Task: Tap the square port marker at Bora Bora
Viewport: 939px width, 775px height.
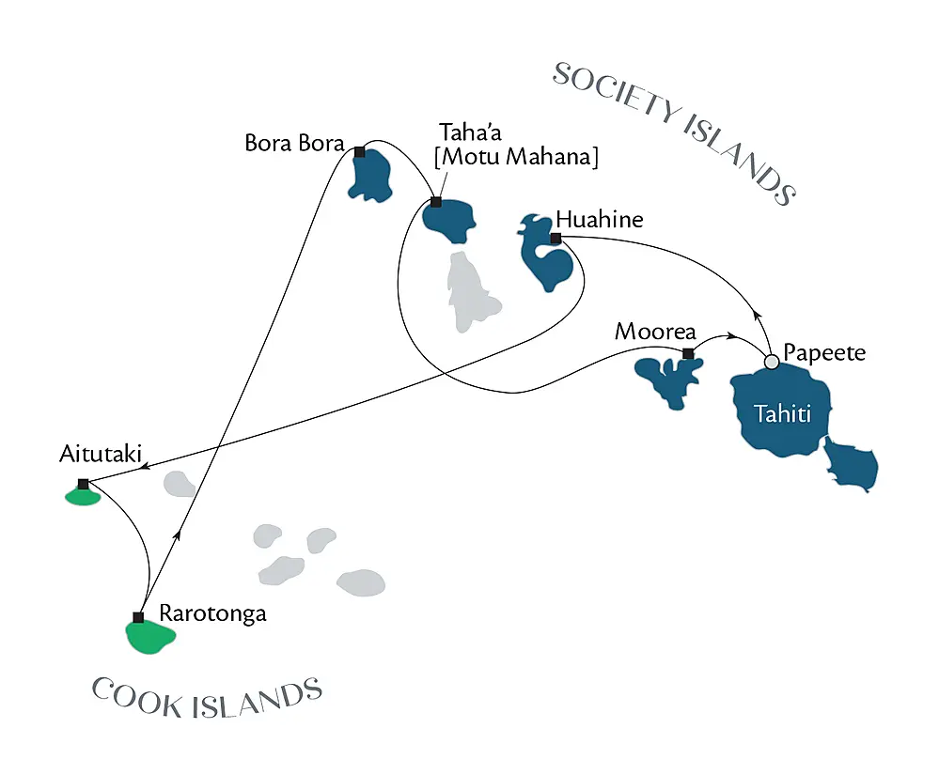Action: click(x=360, y=151)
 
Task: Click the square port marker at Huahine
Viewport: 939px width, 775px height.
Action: click(x=556, y=239)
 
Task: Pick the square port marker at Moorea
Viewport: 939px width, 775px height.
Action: click(x=688, y=354)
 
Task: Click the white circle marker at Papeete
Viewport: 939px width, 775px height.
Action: click(x=772, y=362)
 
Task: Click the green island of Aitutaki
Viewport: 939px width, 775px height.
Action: click(x=82, y=496)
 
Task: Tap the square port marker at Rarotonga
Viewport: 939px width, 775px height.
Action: click(x=138, y=617)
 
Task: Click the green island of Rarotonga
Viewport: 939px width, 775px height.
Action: click(x=151, y=637)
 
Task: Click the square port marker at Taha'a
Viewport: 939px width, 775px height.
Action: click(x=435, y=202)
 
